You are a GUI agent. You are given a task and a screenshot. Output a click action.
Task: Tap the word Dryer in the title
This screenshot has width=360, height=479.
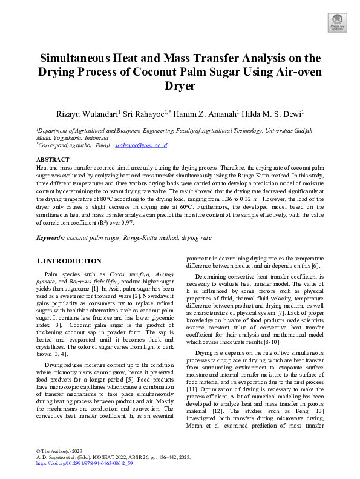click(x=180, y=85)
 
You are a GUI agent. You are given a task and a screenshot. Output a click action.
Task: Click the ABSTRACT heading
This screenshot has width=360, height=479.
click(x=53, y=159)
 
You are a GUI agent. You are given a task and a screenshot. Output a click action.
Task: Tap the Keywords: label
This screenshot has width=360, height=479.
click(x=51, y=239)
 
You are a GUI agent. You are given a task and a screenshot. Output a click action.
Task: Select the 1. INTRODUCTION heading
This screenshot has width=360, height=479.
click(x=68, y=261)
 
